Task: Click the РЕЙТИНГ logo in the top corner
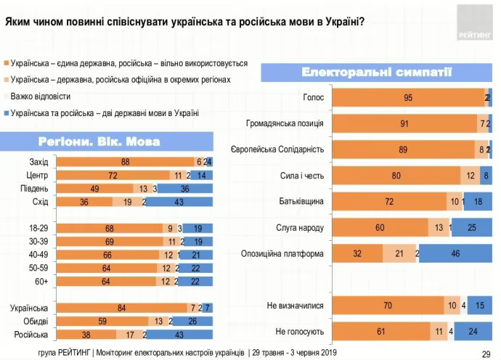473,22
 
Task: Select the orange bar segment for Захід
125,161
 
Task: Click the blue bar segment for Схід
179,201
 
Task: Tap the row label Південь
33,189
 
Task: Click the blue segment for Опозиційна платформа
455,253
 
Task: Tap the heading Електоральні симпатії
376,72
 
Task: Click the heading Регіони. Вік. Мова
109,141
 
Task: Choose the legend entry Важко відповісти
41,96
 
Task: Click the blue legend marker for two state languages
6,113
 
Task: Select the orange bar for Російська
86,335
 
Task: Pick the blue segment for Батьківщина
477,201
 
